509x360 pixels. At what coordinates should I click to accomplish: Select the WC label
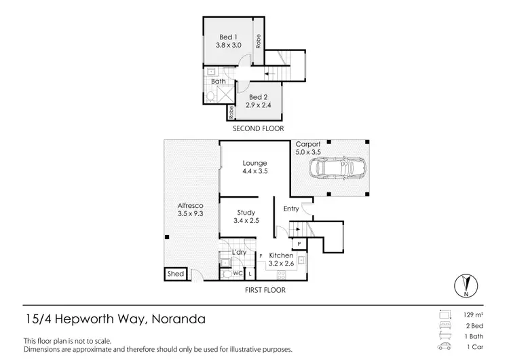point(238,273)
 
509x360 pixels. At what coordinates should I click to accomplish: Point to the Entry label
point(291,209)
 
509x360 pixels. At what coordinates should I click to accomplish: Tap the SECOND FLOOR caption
point(258,128)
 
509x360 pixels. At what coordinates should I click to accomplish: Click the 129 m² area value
point(472,316)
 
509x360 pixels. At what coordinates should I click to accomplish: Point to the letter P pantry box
point(298,242)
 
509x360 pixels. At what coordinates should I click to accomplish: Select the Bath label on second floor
point(218,82)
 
